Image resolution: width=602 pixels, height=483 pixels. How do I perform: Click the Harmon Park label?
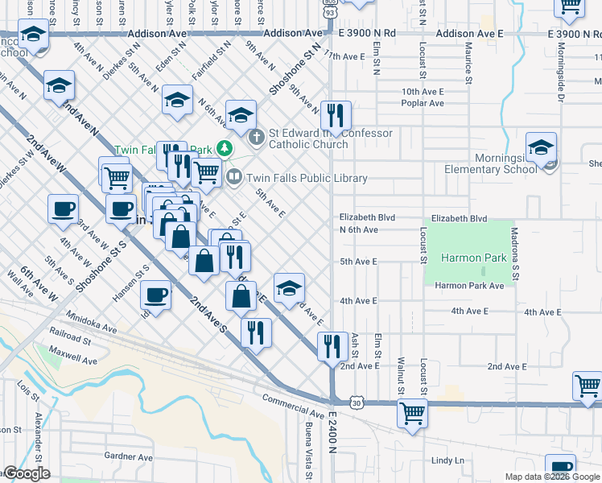tap(473, 258)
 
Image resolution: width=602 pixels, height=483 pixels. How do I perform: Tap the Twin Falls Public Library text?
tap(307, 178)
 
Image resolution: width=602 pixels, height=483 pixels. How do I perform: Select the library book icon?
tap(234, 175)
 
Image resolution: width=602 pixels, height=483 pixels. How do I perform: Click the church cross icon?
tap(257, 136)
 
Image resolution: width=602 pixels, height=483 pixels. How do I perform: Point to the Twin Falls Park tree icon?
tap(225, 149)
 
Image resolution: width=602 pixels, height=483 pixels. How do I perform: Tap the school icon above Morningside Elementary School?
tap(541, 147)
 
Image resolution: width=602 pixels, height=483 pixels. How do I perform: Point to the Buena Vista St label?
tap(307, 452)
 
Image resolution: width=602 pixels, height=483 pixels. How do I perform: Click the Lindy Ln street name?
tap(447, 460)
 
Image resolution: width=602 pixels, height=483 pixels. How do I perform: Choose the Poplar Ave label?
tap(423, 103)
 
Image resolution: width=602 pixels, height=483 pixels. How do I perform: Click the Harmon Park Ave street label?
tap(469, 286)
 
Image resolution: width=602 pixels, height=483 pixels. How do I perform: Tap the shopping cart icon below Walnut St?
tap(412, 414)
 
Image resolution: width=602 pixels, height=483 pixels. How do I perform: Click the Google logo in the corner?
tap(26, 473)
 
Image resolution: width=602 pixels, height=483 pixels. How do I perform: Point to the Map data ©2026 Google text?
tap(552, 477)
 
